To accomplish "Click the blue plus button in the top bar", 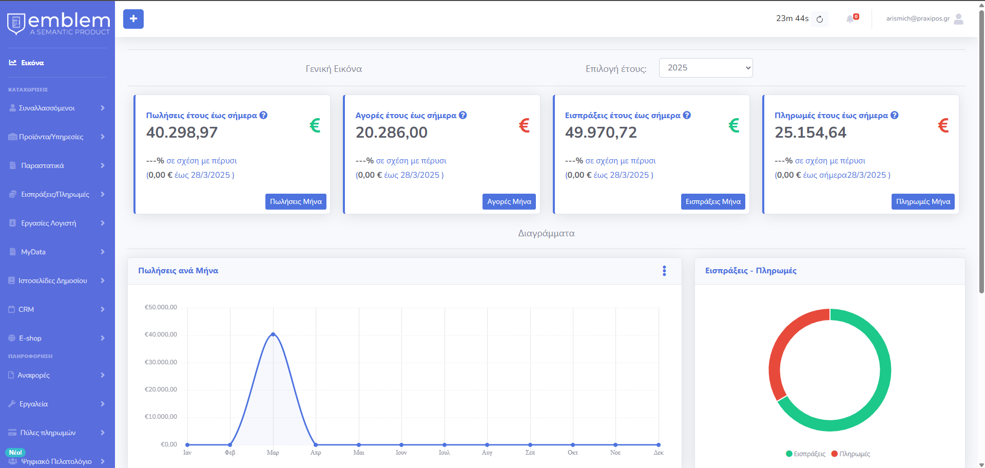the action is [133, 19].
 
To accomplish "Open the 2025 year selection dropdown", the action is [706, 68].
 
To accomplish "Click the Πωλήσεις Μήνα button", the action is [296, 201].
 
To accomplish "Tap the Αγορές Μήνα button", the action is [509, 201].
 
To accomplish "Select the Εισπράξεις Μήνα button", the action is [713, 201].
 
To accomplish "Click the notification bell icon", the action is [850, 19].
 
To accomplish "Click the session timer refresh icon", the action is [820, 20].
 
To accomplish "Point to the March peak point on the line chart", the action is [273, 334].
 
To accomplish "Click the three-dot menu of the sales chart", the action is [664, 271].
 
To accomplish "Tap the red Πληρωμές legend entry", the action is [851, 454].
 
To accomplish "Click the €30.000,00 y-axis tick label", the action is [161, 362].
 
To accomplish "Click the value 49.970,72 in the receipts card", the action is [601, 133].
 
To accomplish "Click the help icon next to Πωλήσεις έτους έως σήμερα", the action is [263, 115].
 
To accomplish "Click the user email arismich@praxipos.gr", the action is [918, 18].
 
